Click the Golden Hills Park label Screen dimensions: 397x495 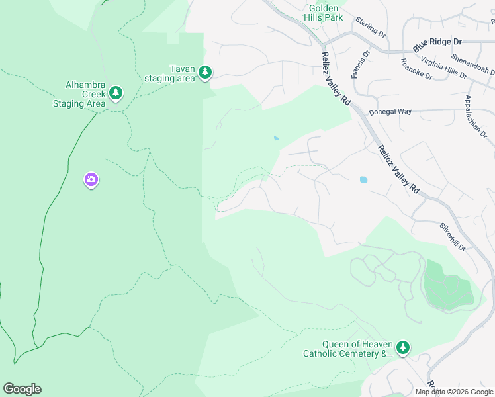tap(324, 13)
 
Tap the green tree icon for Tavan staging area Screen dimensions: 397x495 tap(205, 72)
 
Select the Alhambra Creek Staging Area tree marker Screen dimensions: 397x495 tap(116, 93)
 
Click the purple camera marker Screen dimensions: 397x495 tap(91, 179)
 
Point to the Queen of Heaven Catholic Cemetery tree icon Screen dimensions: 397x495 tap(403, 347)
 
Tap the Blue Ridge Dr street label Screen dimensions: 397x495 tap(437, 45)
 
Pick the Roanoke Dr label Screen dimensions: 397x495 tap(416, 69)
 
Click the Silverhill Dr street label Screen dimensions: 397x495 tap(453, 236)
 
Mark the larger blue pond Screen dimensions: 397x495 tap(363, 179)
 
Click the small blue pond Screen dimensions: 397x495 tap(275, 138)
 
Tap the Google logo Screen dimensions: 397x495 tap(22, 389)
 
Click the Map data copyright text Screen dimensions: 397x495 tap(453, 392)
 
